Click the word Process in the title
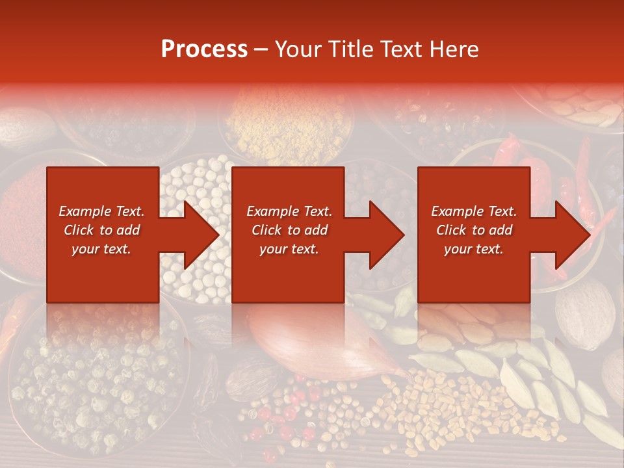point(204,49)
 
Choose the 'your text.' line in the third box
point(473,249)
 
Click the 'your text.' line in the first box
point(101,249)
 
